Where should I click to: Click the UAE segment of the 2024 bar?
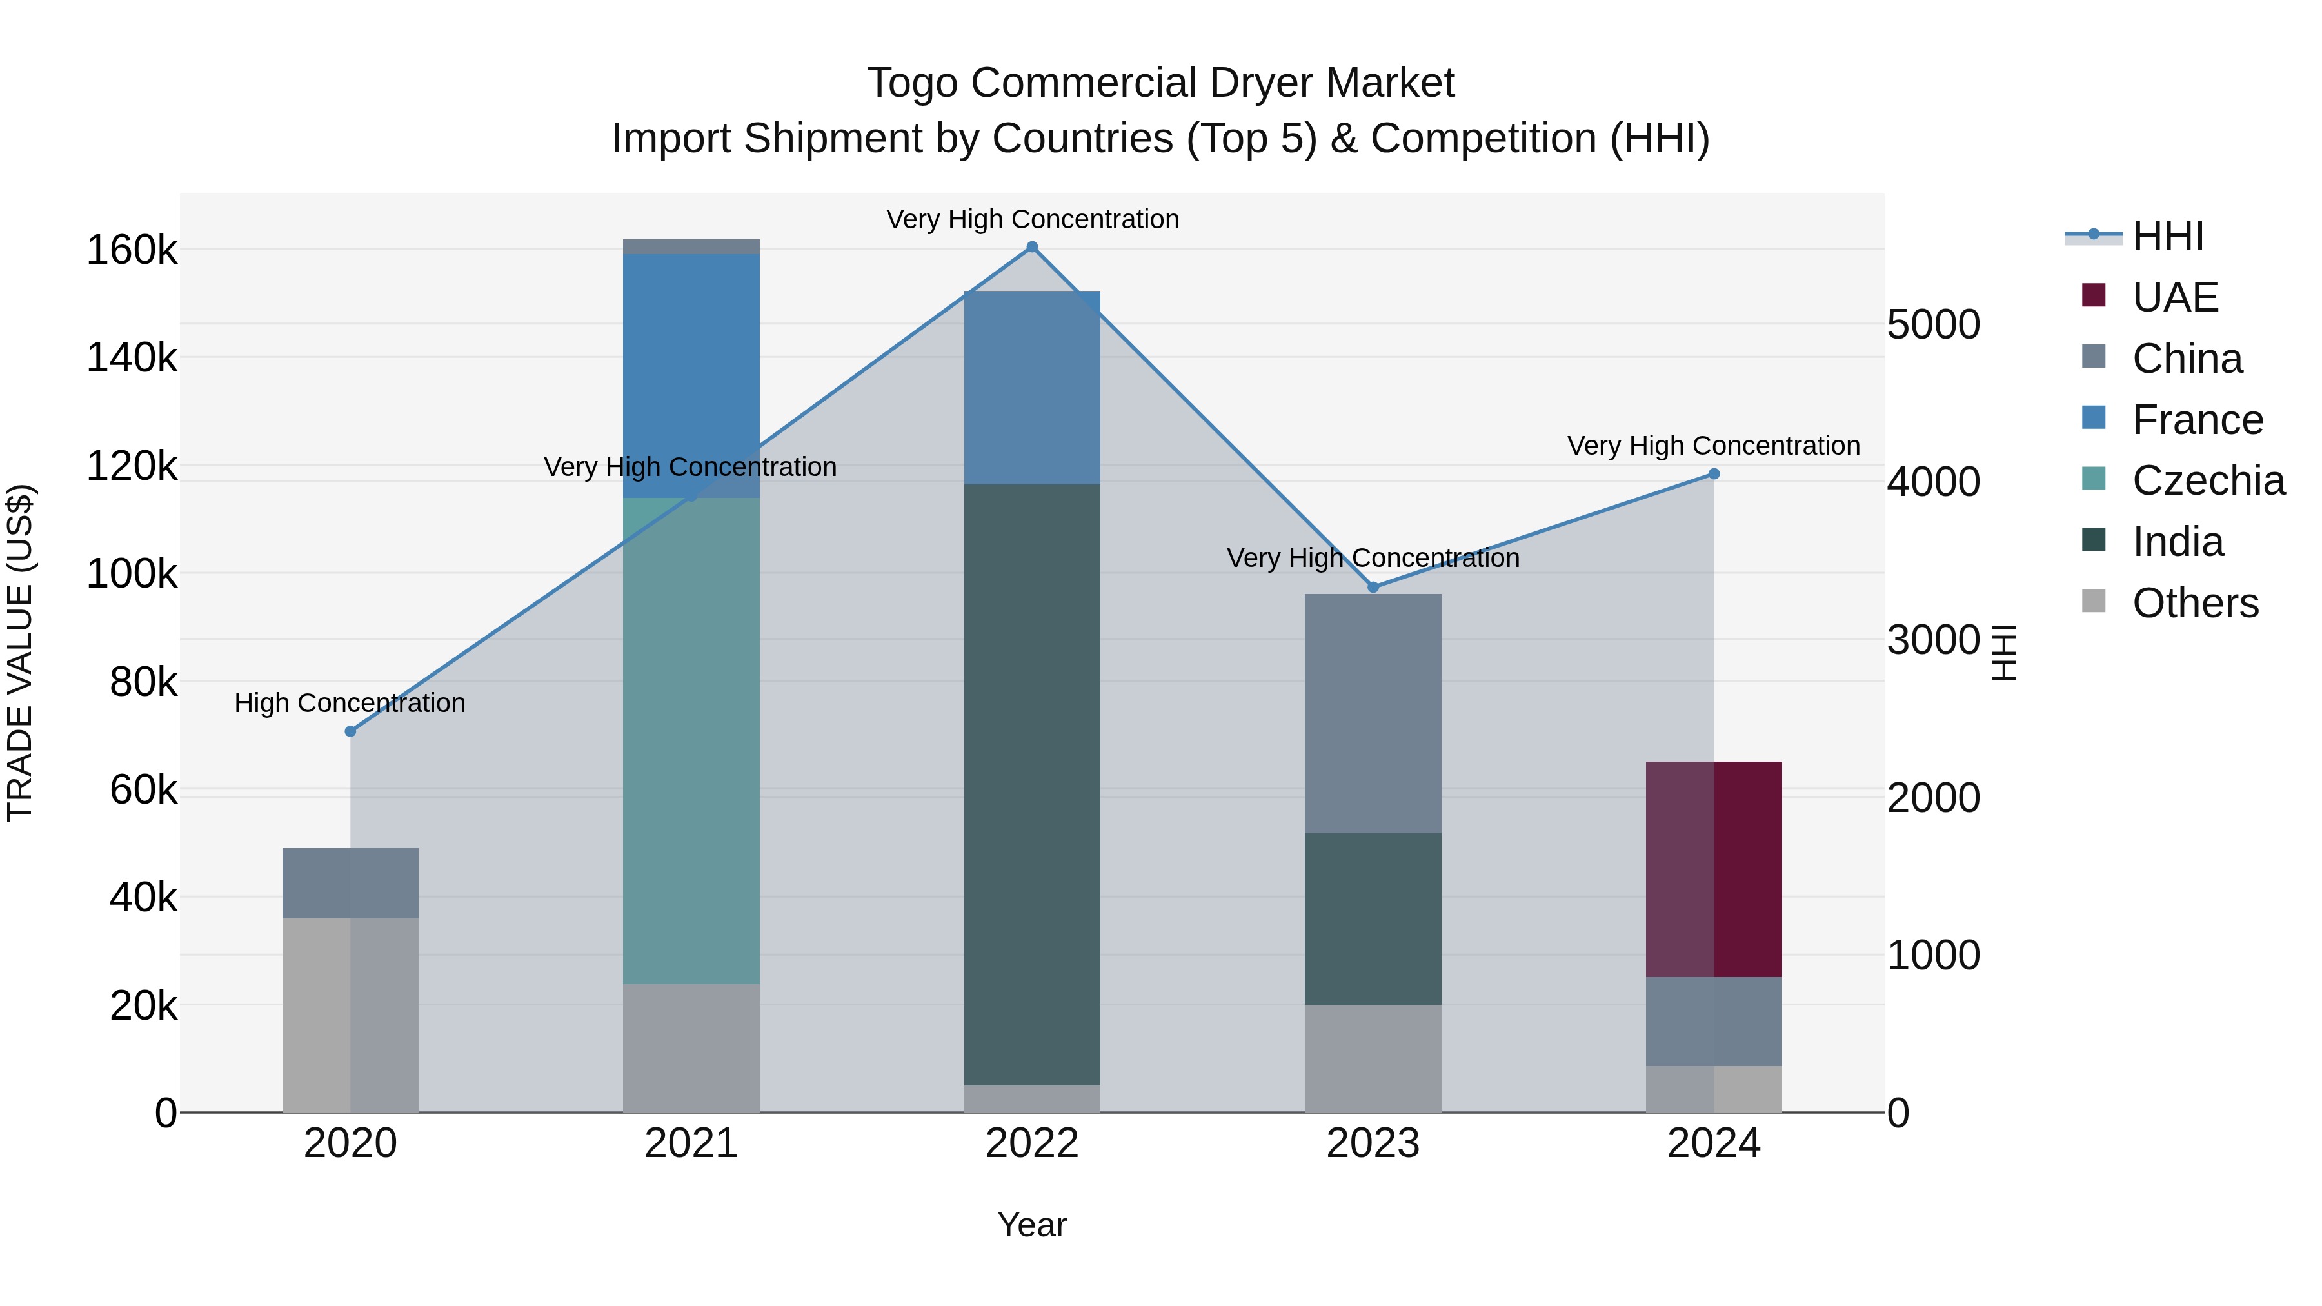1714,868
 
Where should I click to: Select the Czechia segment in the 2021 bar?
691,739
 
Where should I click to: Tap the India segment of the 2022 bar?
1032,784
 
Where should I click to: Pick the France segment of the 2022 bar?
1032,388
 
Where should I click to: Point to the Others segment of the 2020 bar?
351,1014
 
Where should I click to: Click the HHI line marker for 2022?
1032,247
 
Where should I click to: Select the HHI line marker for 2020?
351,731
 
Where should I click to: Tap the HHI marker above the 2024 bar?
1714,474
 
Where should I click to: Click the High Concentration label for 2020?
350,703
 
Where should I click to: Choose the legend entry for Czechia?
2208,480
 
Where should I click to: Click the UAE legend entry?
2174,297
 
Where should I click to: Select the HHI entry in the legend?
2167,236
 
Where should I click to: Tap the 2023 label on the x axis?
1373,1143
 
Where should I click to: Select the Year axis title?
1032,1225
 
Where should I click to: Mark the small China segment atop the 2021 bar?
691,247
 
